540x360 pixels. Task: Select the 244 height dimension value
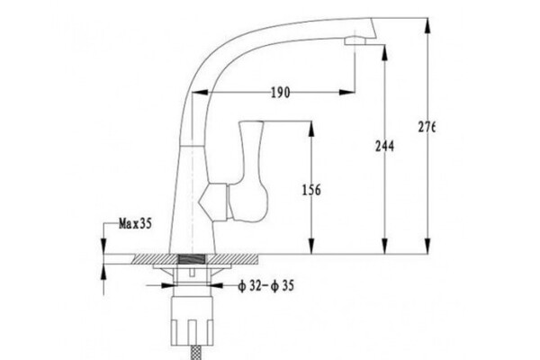point(384,147)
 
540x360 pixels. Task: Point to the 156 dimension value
point(312,190)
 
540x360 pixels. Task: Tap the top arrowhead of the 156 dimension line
point(312,121)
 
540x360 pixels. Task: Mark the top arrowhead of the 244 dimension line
point(384,43)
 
